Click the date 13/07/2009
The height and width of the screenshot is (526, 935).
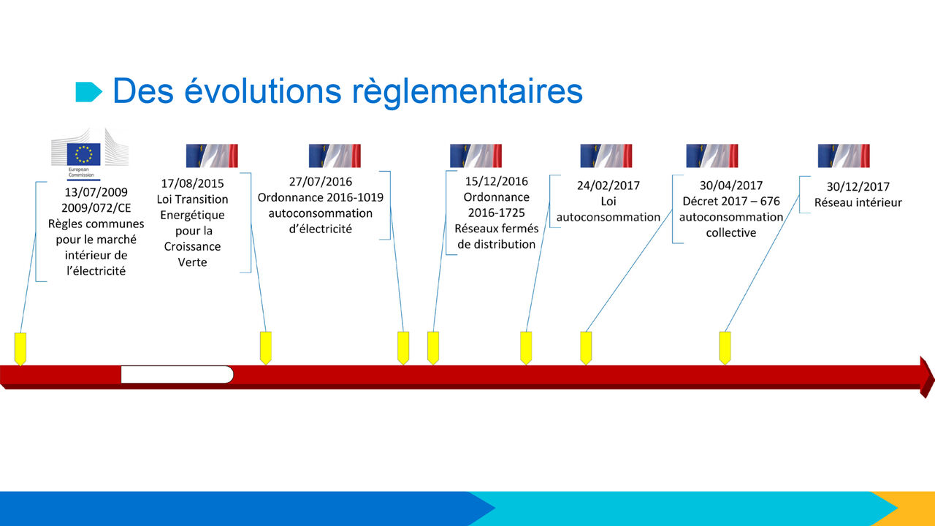click(x=96, y=192)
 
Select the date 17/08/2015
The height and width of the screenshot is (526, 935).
click(x=192, y=183)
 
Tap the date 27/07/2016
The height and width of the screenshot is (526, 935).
click(x=321, y=182)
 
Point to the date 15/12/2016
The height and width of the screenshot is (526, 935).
click(x=496, y=181)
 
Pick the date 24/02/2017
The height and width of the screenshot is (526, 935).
click(x=608, y=186)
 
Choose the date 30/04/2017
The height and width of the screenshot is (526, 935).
click(x=731, y=186)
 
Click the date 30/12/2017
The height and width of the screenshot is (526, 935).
click(x=858, y=186)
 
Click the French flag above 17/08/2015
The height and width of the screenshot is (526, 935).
click(x=212, y=156)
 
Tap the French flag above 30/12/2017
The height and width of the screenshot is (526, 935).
click(x=844, y=156)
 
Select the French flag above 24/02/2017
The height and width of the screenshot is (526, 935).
click(x=606, y=156)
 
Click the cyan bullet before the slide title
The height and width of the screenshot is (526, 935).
click(x=88, y=92)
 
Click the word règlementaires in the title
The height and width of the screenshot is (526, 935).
click(x=467, y=92)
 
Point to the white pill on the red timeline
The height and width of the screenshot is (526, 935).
click(x=177, y=375)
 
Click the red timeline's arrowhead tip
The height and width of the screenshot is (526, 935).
click(x=934, y=378)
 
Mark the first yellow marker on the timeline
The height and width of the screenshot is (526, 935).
click(x=20, y=349)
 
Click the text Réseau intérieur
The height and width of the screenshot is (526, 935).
click(x=858, y=202)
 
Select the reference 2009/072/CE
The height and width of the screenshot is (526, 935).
click(x=96, y=208)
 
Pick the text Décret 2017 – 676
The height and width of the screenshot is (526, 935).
click(x=731, y=201)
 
